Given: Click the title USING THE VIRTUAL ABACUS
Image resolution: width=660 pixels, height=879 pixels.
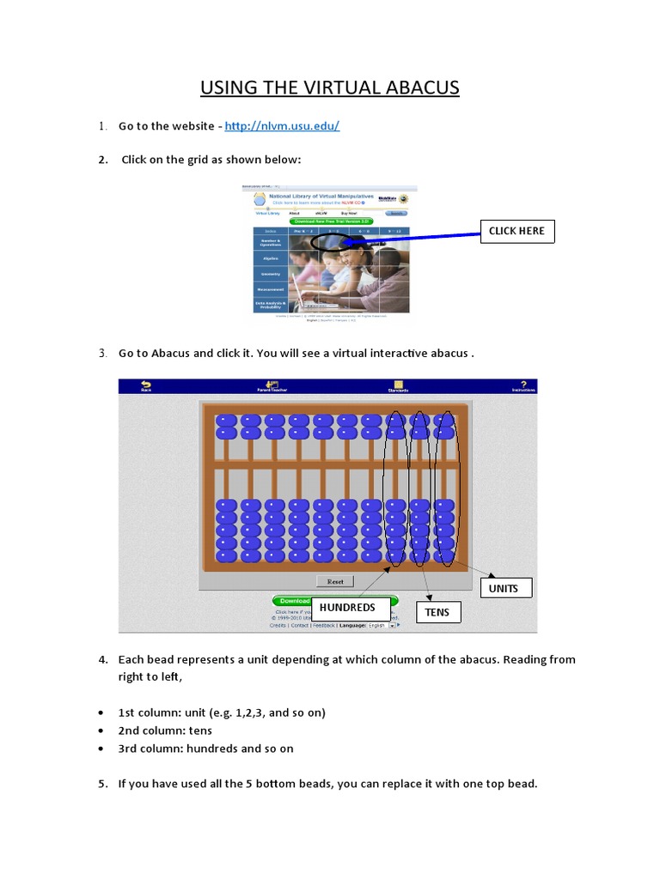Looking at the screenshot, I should (330, 88).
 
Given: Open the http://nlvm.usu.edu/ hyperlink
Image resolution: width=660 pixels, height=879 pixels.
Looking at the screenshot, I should (282, 126).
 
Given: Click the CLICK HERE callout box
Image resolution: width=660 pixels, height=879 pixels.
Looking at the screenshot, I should (516, 231).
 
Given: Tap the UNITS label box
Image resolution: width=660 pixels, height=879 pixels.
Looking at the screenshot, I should (505, 588).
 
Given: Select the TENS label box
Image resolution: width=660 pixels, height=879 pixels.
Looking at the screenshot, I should (438, 612).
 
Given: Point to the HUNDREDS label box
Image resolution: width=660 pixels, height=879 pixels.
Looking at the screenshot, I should (347, 608).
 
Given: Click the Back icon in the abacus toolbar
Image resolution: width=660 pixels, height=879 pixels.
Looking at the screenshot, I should (145, 386).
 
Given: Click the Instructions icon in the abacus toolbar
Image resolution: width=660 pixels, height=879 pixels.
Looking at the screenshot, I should (523, 386).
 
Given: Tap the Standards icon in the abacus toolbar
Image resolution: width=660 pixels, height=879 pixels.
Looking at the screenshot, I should (397, 386).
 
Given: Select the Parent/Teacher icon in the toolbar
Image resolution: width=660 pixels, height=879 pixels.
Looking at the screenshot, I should (272, 386).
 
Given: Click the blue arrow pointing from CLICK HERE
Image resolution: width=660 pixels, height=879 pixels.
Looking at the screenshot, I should (412, 238).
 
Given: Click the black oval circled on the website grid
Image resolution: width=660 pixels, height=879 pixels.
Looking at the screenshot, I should (331, 243).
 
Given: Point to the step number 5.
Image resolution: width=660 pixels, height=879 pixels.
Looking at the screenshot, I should (102, 784).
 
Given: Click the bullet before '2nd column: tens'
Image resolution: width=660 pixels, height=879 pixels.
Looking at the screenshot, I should (102, 731).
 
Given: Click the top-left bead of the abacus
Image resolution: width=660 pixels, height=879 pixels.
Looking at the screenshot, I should (226, 421).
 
